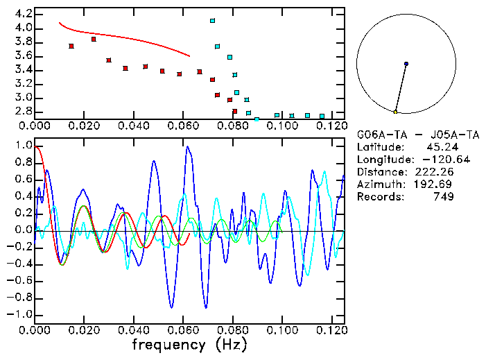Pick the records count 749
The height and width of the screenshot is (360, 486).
tap(444, 196)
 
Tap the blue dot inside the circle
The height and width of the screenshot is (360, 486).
tap(406, 64)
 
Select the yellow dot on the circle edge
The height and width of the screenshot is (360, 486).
tap(395, 112)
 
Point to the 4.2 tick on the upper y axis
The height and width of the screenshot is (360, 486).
tap(24, 14)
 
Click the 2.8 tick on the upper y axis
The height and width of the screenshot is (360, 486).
tap(24, 111)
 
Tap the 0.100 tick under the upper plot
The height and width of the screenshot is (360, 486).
tap(279, 126)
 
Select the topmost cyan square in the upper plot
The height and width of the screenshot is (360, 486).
tap(213, 21)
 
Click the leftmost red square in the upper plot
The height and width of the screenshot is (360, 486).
tap(71, 46)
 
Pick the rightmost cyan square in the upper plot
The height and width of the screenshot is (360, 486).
tap(322, 116)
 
